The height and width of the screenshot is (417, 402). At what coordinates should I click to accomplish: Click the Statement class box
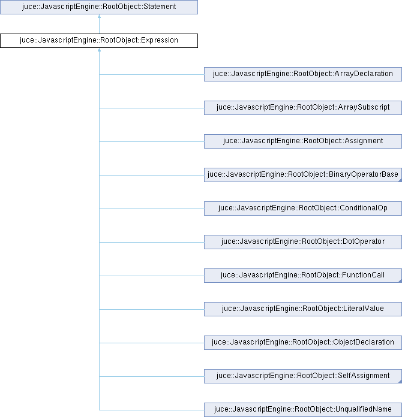pyautogui.click(x=99, y=7)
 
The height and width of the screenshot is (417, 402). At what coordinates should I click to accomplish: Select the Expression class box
pyautogui.click(x=99, y=41)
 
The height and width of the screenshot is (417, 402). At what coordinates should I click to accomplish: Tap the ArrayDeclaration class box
pyautogui.click(x=303, y=74)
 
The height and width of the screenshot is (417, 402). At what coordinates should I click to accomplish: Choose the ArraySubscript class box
pyautogui.click(x=303, y=108)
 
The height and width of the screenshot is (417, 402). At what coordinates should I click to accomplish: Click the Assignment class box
pyautogui.click(x=303, y=141)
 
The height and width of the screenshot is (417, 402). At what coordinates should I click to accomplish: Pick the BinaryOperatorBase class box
pyautogui.click(x=303, y=175)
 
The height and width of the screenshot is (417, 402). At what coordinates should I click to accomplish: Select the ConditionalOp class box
pyautogui.click(x=303, y=208)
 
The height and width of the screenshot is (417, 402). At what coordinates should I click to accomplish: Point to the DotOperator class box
pyautogui.click(x=303, y=241)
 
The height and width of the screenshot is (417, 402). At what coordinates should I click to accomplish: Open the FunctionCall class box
pyautogui.click(x=303, y=275)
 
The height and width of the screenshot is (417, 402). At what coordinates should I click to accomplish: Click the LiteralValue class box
pyautogui.click(x=303, y=309)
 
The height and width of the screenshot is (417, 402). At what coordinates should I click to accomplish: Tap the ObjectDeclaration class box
pyautogui.click(x=303, y=342)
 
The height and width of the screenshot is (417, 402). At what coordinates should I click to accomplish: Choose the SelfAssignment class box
pyautogui.click(x=303, y=376)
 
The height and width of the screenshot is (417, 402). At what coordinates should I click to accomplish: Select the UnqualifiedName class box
pyautogui.click(x=303, y=410)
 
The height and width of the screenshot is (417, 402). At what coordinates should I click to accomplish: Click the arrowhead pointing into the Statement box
pyautogui.click(x=100, y=17)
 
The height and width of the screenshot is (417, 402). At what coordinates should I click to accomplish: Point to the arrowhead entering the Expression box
pyautogui.click(x=100, y=50)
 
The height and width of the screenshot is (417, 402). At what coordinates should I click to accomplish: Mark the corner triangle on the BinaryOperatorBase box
pyautogui.click(x=400, y=180)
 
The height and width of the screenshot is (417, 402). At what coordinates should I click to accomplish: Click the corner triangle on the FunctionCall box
pyautogui.click(x=400, y=281)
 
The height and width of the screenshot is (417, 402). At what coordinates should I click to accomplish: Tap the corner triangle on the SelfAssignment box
pyautogui.click(x=400, y=382)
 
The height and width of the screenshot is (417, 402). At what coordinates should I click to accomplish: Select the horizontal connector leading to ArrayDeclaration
pyautogui.click(x=152, y=74)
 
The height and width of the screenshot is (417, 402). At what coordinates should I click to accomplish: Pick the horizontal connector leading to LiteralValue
pyautogui.click(x=152, y=309)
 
